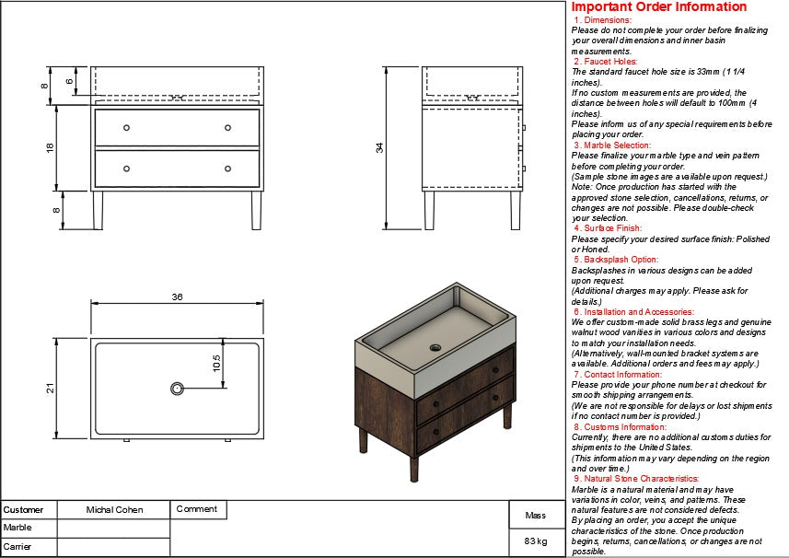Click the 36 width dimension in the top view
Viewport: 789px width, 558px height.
click(x=178, y=296)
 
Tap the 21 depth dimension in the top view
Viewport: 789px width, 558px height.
click(x=49, y=389)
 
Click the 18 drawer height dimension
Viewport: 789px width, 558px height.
click(x=50, y=147)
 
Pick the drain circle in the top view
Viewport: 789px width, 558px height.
click(x=177, y=389)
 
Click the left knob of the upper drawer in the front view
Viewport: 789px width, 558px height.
click(x=126, y=127)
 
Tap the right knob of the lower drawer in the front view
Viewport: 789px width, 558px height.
click(x=227, y=169)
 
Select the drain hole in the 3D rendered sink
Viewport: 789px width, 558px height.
click(x=435, y=348)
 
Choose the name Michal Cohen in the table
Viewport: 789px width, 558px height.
click(x=114, y=509)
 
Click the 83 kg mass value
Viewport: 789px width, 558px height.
click(x=536, y=541)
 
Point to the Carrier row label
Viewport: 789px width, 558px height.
click(x=17, y=547)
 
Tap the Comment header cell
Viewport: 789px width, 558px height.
click(x=196, y=508)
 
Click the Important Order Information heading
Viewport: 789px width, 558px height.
click(x=659, y=7)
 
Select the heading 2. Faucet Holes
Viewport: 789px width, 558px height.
click(x=606, y=62)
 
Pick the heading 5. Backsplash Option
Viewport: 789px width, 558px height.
click(x=616, y=260)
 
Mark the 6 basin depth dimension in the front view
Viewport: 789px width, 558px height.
click(x=69, y=81)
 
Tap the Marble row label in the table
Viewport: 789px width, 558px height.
click(x=17, y=528)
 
